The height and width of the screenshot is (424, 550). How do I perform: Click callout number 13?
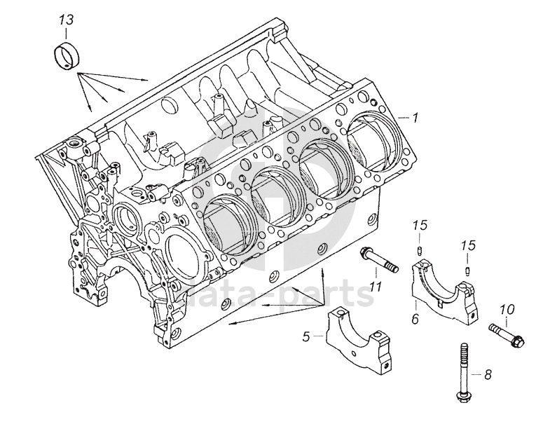[x=66, y=20]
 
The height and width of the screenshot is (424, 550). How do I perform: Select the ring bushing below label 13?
[x=67, y=56]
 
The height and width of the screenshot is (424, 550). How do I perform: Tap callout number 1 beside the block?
[x=415, y=118]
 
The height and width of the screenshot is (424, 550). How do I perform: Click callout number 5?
[x=306, y=336]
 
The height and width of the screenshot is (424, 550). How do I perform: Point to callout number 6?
[x=415, y=318]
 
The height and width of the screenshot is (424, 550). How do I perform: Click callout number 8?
[x=488, y=374]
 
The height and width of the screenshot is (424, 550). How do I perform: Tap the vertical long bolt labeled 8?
[x=463, y=373]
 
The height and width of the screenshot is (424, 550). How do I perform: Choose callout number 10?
[x=507, y=309]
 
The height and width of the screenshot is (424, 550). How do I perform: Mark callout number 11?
[x=376, y=287]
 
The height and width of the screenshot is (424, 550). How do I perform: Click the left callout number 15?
[x=420, y=226]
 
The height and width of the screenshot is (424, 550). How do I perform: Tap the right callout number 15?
[x=468, y=245]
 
